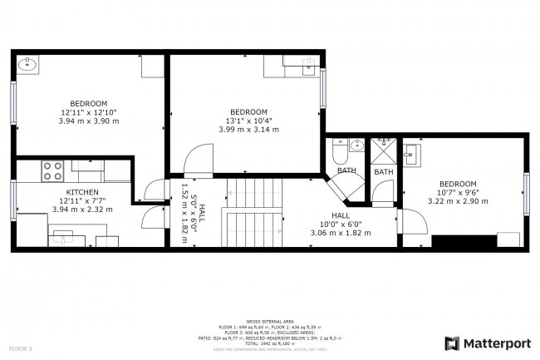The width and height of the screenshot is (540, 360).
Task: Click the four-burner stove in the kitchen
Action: click(x=53, y=170)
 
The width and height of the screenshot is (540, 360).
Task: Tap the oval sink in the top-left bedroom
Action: click(x=27, y=65)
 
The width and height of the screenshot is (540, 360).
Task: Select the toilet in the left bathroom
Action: click(x=340, y=152)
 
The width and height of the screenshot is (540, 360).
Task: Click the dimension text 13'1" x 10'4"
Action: click(x=248, y=121)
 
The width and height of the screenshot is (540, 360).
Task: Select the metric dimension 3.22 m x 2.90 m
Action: click(x=458, y=201)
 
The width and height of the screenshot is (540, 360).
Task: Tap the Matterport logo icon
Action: click(x=452, y=343)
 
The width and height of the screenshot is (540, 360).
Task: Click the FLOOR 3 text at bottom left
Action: click(x=21, y=348)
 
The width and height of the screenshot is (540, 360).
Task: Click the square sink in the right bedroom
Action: click(x=411, y=154)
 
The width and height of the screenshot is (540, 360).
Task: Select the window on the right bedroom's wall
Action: click(x=525, y=194)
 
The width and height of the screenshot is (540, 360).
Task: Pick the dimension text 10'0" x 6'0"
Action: click(x=340, y=224)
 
